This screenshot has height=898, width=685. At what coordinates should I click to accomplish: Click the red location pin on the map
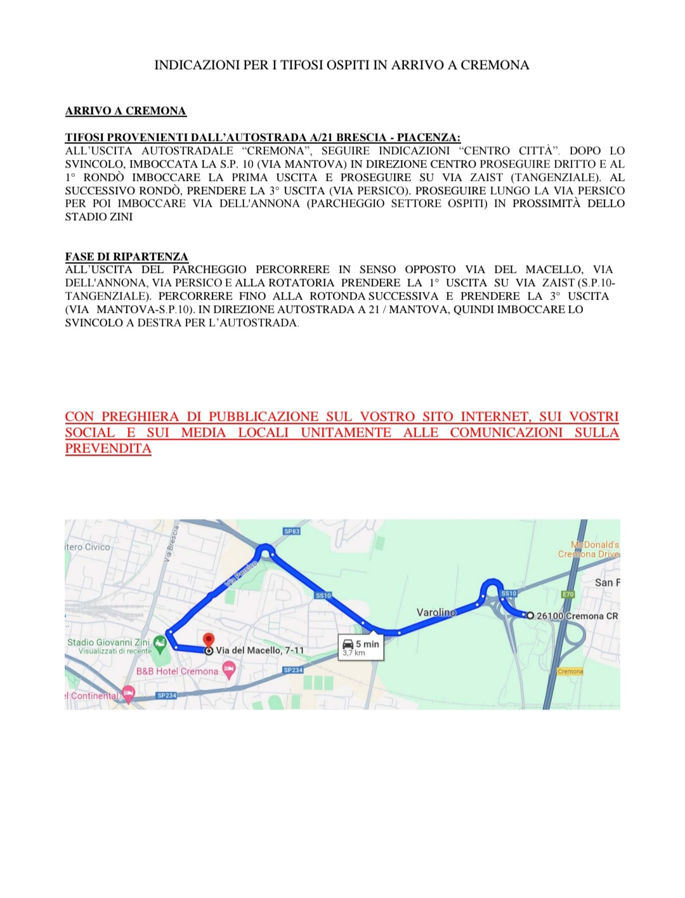pos(208,640)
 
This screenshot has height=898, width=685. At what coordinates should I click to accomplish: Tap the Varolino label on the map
pos(436,612)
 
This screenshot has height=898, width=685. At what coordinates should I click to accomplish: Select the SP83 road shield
pos(292,531)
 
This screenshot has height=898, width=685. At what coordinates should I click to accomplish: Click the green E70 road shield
pos(568,595)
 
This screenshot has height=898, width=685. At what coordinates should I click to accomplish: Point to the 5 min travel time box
pos(361,647)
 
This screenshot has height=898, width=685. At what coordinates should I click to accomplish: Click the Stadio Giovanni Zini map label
pos(108,642)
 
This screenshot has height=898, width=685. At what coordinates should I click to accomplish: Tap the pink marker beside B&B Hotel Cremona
pos(229,669)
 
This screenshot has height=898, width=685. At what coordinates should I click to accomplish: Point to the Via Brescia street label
pos(170,544)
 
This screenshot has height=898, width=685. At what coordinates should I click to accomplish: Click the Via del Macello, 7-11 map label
pos(259,650)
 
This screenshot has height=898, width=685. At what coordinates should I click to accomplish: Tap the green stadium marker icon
pos(160,644)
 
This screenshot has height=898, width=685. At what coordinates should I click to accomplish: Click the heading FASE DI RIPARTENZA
pos(126,256)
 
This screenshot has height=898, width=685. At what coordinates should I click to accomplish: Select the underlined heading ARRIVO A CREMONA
pos(126,111)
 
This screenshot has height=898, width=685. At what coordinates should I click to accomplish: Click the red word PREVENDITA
pos(108,449)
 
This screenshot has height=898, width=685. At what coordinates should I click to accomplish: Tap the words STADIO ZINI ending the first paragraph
pos(99,217)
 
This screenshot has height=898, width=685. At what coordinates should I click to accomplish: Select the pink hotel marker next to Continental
pos(128,694)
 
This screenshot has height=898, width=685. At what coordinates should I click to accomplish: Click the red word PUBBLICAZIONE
pos(263,417)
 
